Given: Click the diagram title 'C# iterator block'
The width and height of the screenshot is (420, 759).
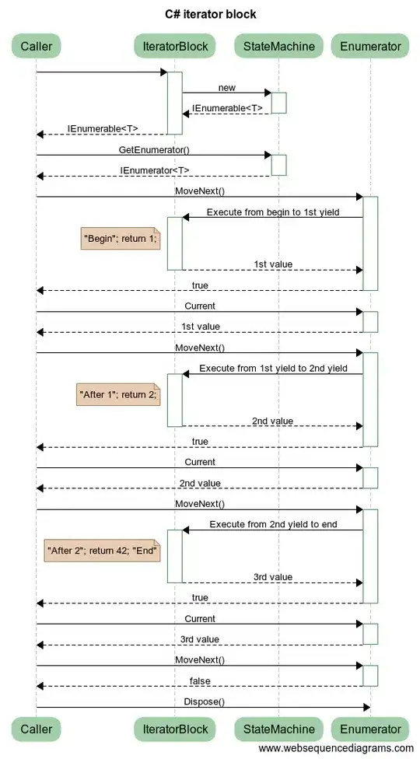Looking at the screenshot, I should [x=210, y=14].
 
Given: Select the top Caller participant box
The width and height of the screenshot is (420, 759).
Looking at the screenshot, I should [x=36, y=47].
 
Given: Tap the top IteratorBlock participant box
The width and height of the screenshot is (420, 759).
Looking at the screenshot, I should [x=175, y=47].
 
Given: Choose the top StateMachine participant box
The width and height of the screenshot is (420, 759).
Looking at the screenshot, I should [x=278, y=47].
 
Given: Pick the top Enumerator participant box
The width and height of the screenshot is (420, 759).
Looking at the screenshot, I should [x=370, y=47].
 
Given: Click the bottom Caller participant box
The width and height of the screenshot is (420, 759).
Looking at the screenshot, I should [x=36, y=729].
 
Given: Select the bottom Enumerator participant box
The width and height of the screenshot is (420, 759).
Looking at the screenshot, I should [x=370, y=729].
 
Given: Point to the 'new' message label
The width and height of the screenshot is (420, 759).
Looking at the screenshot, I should [x=226, y=88].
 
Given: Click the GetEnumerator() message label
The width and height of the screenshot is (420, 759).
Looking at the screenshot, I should [x=153, y=149].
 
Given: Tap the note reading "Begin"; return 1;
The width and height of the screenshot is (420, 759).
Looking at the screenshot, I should [x=120, y=239].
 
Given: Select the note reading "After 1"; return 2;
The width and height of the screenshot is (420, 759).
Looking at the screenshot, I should [x=117, y=395].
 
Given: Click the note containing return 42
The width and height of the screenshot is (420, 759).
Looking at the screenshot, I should [x=103, y=551].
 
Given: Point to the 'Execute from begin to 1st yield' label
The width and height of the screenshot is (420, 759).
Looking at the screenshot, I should [x=272, y=212].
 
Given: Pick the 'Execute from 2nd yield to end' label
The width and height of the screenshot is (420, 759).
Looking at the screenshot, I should [x=273, y=524].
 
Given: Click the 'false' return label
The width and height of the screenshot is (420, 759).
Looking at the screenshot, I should [x=200, y=681].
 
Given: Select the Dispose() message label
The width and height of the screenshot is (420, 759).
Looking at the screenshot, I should [x=203, y=701].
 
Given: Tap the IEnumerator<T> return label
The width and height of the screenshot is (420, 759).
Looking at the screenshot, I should [x=154, y=170].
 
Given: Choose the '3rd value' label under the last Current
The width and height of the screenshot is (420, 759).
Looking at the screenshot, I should [x=200, y=639].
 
